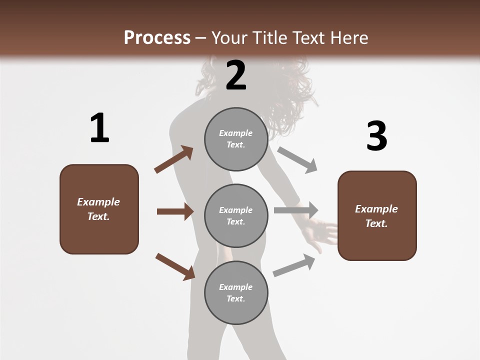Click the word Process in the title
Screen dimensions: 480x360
157,37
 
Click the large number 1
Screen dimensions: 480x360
99,128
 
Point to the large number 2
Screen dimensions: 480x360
236,75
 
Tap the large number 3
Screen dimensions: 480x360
376,136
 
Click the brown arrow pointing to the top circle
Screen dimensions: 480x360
173,159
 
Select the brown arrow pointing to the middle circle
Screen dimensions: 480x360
174,211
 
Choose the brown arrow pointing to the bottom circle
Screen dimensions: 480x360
175,266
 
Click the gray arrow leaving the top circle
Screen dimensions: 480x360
297,159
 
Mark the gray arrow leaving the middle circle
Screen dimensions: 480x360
296,210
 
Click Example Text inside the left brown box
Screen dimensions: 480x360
98,209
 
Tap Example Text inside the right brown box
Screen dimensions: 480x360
376,216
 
